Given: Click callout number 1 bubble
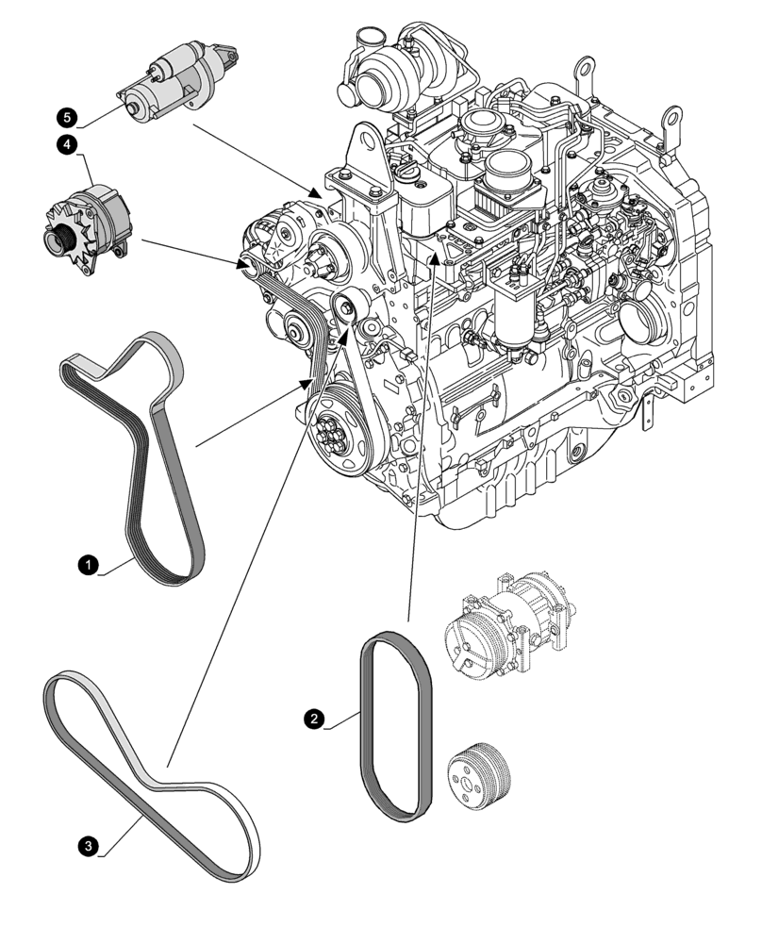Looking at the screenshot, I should point(87,565).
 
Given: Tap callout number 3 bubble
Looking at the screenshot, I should point(88,847).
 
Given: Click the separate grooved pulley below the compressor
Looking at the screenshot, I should point(479,776).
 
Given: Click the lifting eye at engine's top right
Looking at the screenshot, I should point(672,121).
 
